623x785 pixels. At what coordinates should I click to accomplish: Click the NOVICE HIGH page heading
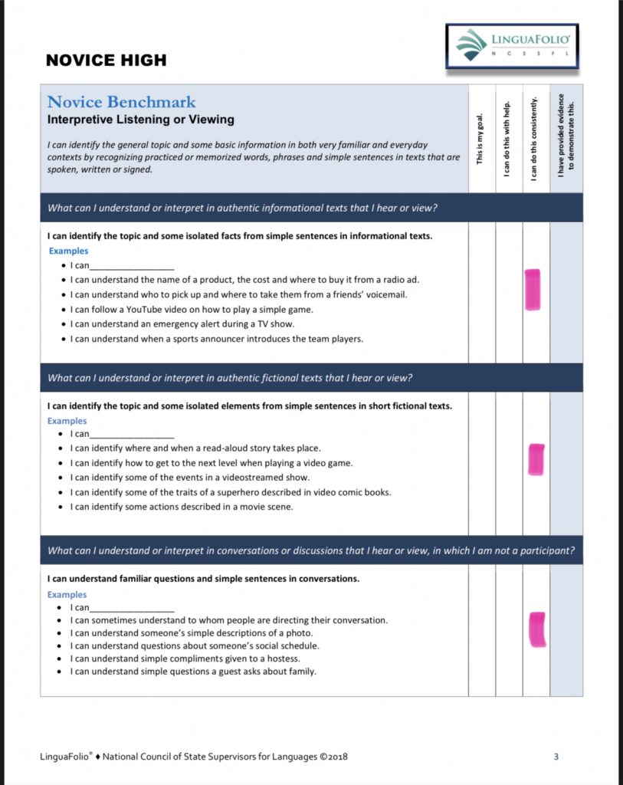[106, 61]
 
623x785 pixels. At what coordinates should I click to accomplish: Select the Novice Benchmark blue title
[121, 102]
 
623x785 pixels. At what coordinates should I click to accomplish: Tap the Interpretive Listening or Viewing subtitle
[140, 120]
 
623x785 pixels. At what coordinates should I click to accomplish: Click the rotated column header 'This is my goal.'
[480, 139]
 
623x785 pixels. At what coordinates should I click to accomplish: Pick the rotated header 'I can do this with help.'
[507, 139]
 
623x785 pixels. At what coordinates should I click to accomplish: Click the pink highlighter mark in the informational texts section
[532, 290]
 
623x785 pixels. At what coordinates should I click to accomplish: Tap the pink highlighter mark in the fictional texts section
[536, 459]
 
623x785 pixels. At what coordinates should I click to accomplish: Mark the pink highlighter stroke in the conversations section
[537, 629]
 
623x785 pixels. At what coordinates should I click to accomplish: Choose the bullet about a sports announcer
[217, 339]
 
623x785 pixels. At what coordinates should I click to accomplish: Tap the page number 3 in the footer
[556, 757]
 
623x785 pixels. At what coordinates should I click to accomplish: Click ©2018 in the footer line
[333, 757]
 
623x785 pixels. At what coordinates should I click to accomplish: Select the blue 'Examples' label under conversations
[67, 595]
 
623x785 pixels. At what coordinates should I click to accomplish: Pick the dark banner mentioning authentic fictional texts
[311, 378]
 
